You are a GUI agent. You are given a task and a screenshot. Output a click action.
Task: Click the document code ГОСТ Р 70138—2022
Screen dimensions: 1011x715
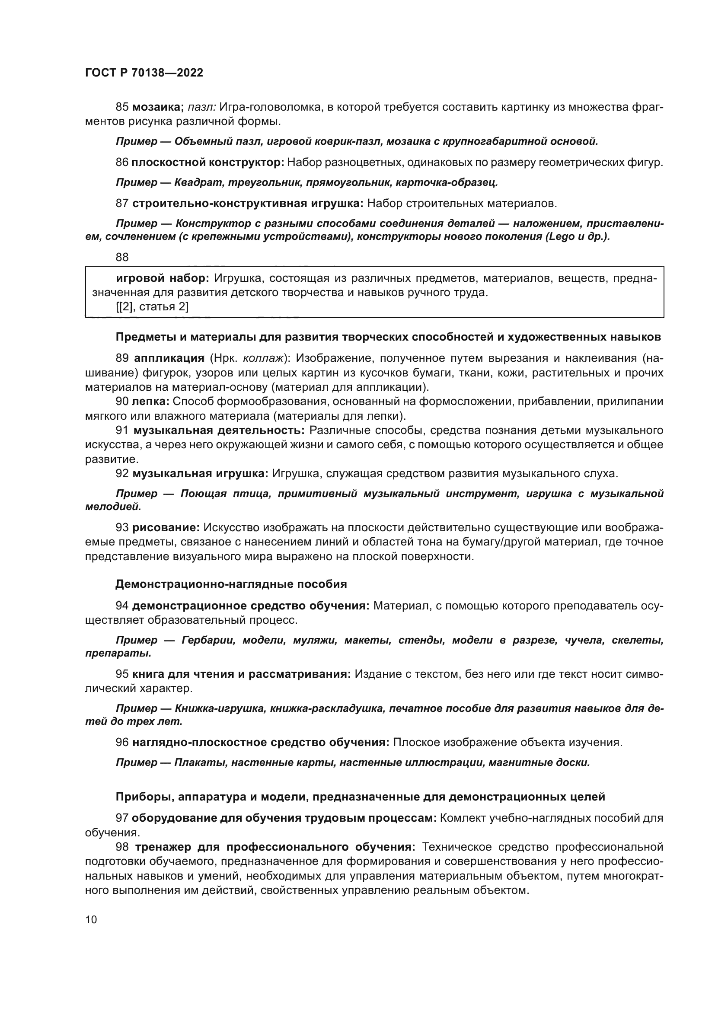(x=144, y=73)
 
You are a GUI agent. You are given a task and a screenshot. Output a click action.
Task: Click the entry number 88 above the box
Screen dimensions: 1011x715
(x=122, y=258)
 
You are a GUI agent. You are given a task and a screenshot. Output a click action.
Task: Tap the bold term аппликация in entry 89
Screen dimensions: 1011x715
(x=169, y=358)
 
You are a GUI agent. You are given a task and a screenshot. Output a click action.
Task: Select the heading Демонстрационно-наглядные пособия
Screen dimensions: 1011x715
(x=231, y=584)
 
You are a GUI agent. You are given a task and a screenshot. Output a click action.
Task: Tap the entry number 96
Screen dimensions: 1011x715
(x=122, y=743)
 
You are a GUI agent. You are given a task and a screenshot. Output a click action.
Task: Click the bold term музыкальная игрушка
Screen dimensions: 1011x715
(x=200, y=474)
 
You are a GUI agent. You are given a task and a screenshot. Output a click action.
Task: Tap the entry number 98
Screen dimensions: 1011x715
(x=122, y=847)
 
